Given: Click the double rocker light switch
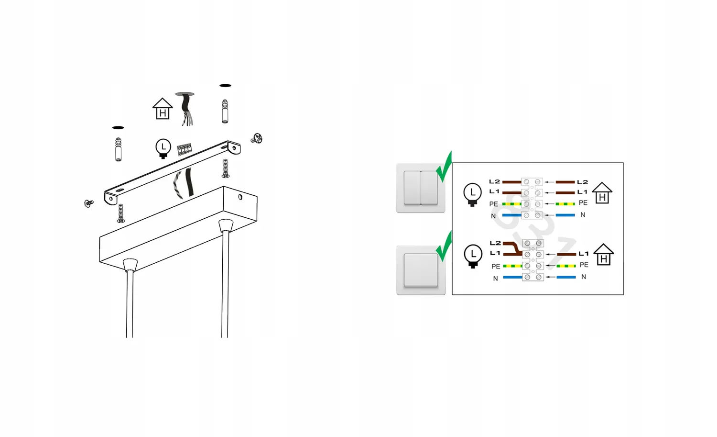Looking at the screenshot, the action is (421, 188).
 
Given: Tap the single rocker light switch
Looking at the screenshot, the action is (421, 270).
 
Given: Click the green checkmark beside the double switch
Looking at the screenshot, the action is (444, 167).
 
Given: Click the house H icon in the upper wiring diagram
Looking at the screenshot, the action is (602, 193).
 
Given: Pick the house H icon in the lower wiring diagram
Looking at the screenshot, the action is (604, 255).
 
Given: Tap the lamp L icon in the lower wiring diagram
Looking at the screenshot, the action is (473, 256).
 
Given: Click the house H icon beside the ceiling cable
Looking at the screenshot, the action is (163, 109).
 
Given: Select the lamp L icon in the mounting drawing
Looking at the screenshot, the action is (163, 148).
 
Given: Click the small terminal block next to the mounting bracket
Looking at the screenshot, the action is (185, 149).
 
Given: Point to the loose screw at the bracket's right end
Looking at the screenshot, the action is (257, 138).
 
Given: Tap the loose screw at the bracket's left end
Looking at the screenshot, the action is (88, 203).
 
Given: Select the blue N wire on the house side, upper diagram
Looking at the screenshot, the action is (565, 215).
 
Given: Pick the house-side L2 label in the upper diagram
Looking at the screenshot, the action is (583, 182).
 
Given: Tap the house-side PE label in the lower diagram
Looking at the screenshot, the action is (584, 265).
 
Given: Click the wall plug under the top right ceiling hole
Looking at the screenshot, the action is (225, 111).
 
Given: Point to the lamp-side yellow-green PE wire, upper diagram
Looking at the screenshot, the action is (512, 204).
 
